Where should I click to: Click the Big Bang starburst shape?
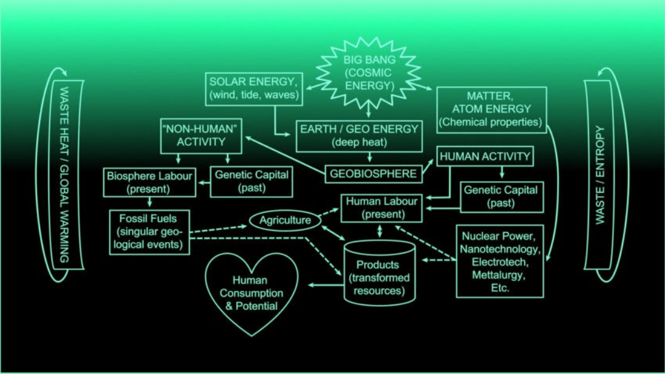[x=368, y=72]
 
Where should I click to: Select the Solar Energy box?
[x=254, y=89]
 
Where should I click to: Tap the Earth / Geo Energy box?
[x=359, y=136]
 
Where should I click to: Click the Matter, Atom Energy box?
[x=492, y=110]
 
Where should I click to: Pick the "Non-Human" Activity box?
[x=201, y=136]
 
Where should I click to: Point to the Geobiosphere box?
[x=374, y=174]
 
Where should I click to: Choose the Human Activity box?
[x=485, y=157]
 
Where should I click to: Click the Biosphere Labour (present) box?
[x=149, y=182]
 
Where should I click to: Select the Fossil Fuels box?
[x=149, y=232]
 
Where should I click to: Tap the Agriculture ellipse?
[x=285, y=220]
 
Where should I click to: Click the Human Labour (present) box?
[x=382, y=208]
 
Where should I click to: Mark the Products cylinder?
[x=379, y=273]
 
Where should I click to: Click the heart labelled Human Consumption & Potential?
[x=252, y=293]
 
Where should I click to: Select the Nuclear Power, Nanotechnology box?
[x=500, y=261]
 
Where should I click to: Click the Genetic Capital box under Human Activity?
[x=502, y=197]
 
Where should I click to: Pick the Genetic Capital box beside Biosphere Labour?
[x=252, y=182]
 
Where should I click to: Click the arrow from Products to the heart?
[x=326, y=285]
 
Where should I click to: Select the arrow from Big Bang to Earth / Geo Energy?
[x=368, y=110]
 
